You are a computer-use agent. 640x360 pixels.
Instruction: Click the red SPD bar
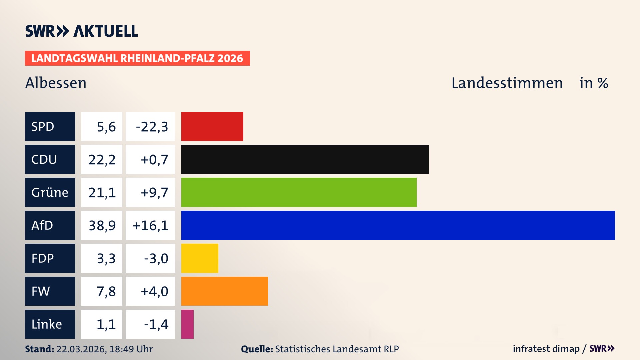[x=212, y=126]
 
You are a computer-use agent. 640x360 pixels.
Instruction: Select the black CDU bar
[x=305, y=159]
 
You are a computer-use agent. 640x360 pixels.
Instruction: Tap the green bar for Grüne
[x=299, y=192]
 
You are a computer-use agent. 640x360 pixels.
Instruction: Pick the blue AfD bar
[x=398, y=225]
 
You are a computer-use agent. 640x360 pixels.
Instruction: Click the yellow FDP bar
[x=200, y=258]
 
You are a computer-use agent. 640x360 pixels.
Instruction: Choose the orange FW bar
[x=224, y=291]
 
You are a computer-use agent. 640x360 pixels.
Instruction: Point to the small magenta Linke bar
[x=187, y=324]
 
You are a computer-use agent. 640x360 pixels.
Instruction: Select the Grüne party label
[x=50, y=192]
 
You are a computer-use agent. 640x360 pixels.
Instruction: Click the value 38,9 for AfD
[x=102, y=226]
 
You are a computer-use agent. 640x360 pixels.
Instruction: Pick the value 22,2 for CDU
[x=102, y=160]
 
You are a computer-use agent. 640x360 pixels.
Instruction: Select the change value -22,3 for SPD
[x=152, y=127]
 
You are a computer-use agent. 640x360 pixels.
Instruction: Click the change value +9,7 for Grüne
[x=154, y=193]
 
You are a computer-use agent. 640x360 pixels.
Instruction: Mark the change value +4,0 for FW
[x=154, y=291]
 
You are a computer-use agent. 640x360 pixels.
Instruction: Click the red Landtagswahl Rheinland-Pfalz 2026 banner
[x=137, y=58]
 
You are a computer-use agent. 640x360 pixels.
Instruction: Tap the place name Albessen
[x=56, y=83]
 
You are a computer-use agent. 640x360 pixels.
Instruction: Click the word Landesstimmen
[x=507, y=83]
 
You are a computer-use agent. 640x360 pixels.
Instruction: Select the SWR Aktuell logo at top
[x=82, y=31]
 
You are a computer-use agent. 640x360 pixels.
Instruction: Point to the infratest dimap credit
[x=546, y=349]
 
